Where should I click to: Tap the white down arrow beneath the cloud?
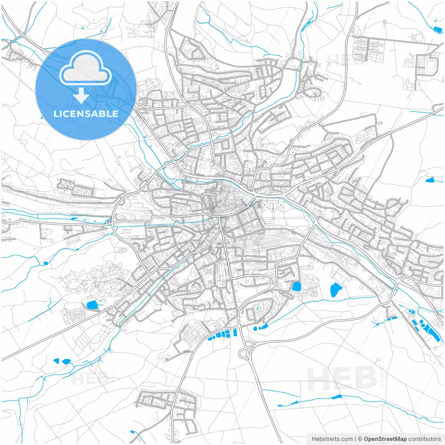coord(81,96)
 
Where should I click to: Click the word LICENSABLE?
coord(86,114)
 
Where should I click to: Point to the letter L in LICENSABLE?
coord(56,114)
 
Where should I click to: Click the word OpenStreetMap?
coord(385,439)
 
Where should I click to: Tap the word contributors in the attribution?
coord(424,439)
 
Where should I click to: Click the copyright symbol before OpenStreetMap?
coord(360,439)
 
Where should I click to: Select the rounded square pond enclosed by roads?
coord(297,287)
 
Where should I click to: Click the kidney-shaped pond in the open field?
coord(335,290)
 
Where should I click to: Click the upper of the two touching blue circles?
coord(421,322)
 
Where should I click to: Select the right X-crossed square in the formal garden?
coord(281,206)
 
